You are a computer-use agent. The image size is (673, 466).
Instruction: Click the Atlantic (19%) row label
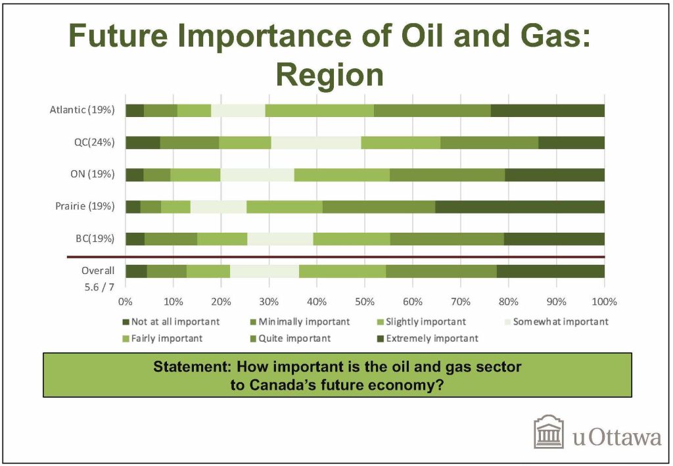[82, 110]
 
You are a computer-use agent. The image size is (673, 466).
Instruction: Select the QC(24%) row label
[95, 142]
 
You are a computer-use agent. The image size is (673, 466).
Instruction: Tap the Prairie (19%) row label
[85, 206]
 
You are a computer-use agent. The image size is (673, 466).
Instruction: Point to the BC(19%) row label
[95, 239]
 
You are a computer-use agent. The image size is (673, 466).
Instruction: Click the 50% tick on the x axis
[364, 302]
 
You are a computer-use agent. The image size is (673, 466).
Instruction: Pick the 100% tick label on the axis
[604, 302]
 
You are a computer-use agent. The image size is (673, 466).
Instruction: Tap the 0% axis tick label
[126, 302]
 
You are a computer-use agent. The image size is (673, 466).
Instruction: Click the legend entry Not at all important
[171, 322]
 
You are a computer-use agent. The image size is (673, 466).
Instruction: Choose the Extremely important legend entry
[427, 338]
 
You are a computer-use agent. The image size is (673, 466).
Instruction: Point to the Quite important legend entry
[290, 338]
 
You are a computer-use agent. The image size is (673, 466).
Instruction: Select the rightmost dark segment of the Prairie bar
[520, 207]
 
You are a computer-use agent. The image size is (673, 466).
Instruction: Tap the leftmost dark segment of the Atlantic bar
[135, 110]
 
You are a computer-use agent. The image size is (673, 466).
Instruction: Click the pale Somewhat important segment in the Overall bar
[264, 271]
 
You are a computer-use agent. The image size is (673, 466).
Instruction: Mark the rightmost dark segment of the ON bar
[555, 175]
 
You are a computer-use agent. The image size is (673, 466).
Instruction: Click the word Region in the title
[330, 75]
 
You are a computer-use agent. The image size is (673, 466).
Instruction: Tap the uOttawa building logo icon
[549, 432]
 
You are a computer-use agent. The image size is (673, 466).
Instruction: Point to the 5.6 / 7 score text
[100, 287]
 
